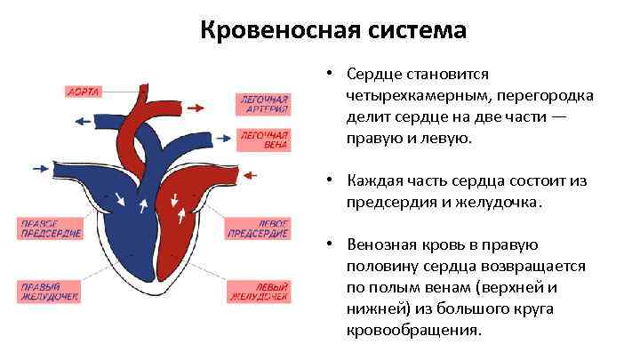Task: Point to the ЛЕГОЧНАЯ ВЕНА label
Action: pyautogui.click(x=260, y=139)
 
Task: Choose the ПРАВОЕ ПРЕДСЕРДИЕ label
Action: pyautogui.click(x=52, y=228)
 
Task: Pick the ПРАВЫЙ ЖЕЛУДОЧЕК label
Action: pyautogui.click(x=52, y=291)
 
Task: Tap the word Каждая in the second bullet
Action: pyautogui.click(x=372, y=181)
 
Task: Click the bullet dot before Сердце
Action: pyautogui.click(x=328, y=74)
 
